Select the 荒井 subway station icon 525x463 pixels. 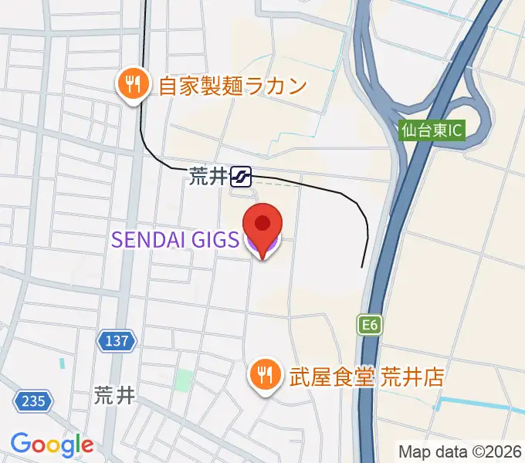tap(241, 177)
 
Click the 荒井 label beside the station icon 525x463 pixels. tap(206, 177)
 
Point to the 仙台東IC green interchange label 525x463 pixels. tap(432, 130)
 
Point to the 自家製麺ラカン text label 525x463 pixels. tap(232, 85)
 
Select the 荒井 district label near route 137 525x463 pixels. tap(114, 396)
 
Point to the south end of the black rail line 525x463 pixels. tap(363, 266)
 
